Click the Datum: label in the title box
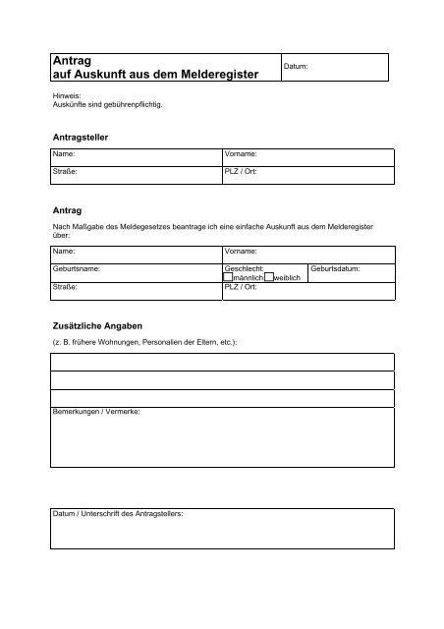coord(296,67)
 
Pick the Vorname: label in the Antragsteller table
coord(241,155)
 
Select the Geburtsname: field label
coord(76,267)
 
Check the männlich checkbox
coord(230,277)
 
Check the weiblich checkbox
coord(268,277)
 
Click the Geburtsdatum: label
coord(335,267)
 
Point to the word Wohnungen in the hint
coord(115,341)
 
